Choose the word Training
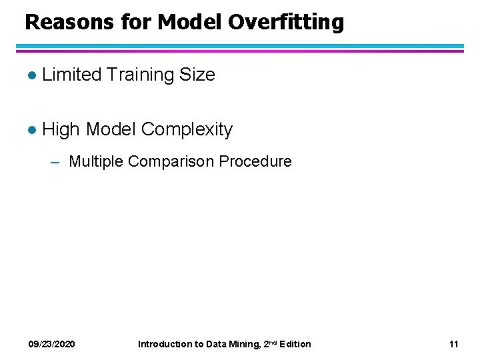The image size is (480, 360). point(140,75)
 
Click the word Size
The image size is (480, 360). point(197,75)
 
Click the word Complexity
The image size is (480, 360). point(187,129)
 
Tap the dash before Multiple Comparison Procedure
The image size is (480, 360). point(57,162)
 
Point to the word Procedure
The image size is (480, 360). point(259,161)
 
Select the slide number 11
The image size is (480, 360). point(454,344)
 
